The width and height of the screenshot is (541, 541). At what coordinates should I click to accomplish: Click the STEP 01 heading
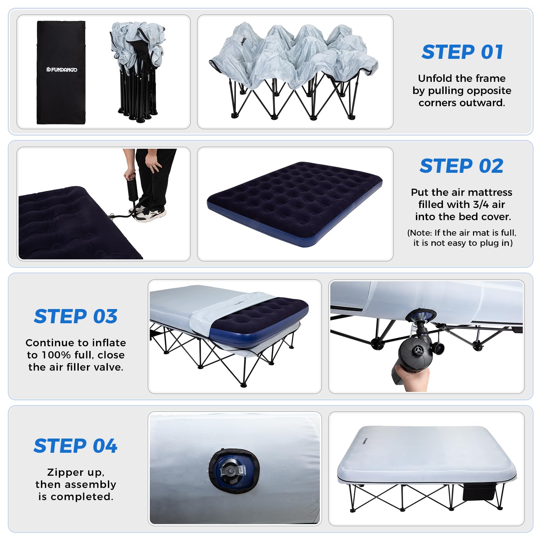pos(462,52)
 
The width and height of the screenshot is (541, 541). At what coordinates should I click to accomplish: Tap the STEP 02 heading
pos(462,166)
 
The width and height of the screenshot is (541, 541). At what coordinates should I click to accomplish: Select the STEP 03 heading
pos(76,316)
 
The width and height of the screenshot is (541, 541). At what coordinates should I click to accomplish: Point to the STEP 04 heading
pos(75,446)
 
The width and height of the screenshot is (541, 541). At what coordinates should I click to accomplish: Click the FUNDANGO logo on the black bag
pos(62,70)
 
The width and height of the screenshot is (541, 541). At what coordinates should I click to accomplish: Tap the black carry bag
pos(61,73)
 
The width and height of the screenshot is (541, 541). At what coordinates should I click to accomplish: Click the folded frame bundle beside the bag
pos(137,72)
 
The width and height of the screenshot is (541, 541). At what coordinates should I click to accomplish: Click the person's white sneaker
pos(150,214)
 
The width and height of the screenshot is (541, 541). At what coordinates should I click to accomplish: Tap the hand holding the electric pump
pos(412,379)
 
